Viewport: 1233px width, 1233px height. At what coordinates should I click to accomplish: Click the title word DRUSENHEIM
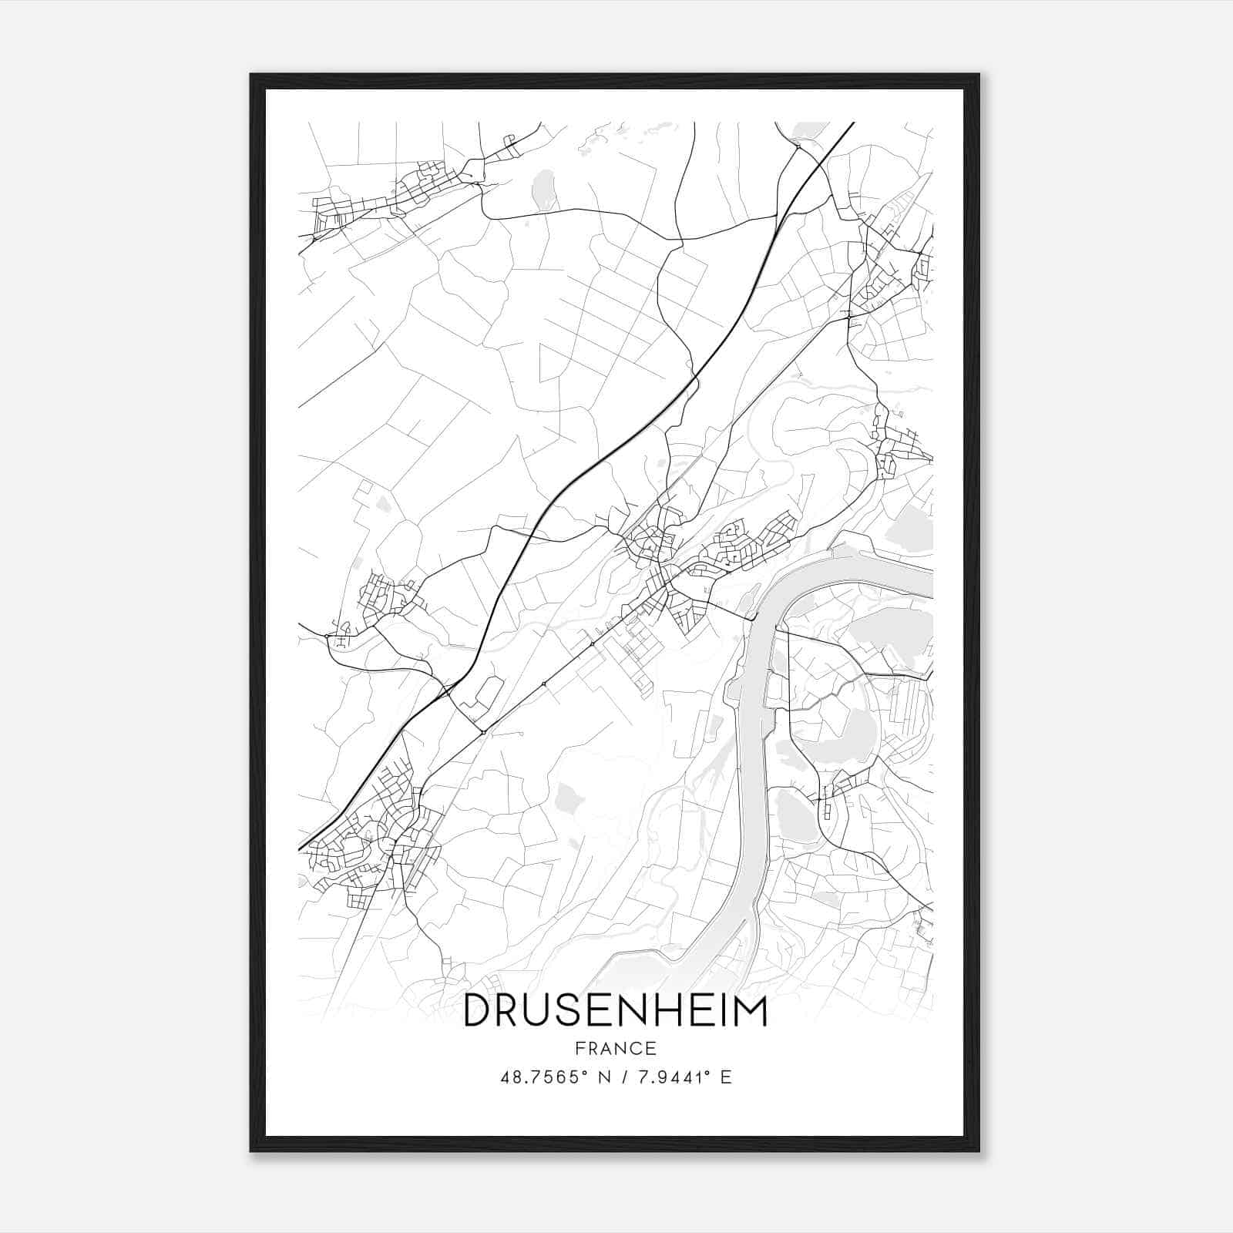pyautogui.click(x=615, y=1012)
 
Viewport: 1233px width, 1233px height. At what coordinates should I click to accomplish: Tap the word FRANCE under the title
pyautogui.click(x=615, y=1048)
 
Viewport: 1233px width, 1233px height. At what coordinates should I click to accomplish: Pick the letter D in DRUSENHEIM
pyautogui.click(x=477, y=1012)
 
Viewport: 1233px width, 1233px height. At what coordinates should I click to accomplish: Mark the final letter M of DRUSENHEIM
pyautogui.click(x=751, y=1012)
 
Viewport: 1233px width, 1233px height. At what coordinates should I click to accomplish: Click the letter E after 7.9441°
pyautogui.click(x=725, y=1077)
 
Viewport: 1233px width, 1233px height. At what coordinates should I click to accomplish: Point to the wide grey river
pyautogui.click(x=748, y=771)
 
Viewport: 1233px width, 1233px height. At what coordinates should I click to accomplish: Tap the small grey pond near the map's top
pyautogui.click(x=545, y=187)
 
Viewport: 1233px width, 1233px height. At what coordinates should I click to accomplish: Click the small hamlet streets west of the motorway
pyautogui.click(x=385, y=597)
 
